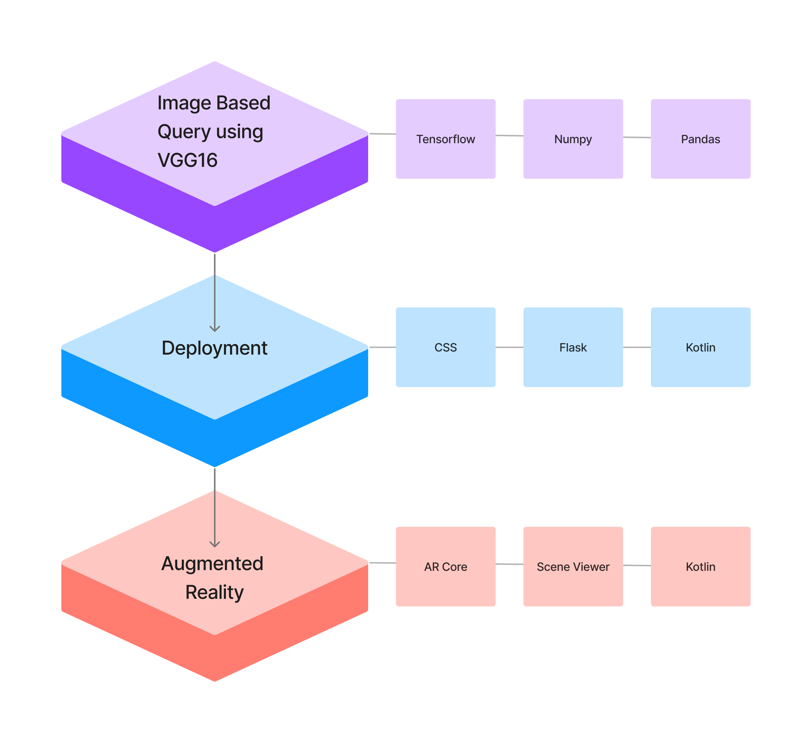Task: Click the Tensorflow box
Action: [x=446, y=139]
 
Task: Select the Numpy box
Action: [x=573, y=139]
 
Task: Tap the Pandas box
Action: [x=700, y=139]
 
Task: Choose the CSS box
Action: [x=446, y=347]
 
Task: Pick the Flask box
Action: [x=573, y=347]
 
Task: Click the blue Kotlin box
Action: [x=700, y=347]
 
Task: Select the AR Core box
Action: [x=446, y=567]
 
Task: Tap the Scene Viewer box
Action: [x=573, y=567]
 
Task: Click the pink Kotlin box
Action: [x=700, y=567]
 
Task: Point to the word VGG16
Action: [x=187, y=160]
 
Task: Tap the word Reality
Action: [x=214, y=592]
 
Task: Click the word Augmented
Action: [x=212, y=563]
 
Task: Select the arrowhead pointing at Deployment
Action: [x=215, y=329]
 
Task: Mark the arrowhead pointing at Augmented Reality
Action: [x=215, y=544]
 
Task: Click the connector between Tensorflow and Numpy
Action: [x=509, y=136]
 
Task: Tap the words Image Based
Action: [x=214, y=103]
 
